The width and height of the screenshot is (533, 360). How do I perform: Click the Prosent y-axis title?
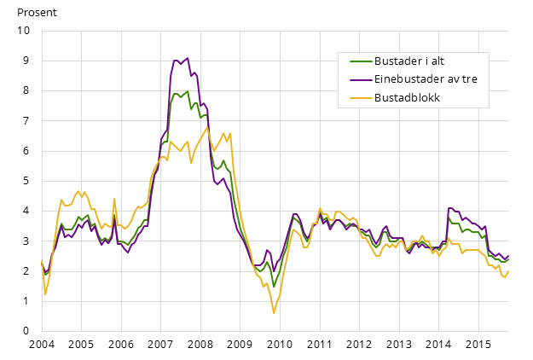pos(37,13)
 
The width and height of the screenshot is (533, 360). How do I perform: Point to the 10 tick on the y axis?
pos(24,31)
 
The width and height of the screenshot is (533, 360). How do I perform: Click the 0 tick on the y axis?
pos(26,331)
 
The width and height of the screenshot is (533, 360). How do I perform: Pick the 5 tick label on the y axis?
pos(26,181)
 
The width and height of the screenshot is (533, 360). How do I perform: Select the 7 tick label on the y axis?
pos(26,120)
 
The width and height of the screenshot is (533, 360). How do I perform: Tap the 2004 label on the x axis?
pos(42,345)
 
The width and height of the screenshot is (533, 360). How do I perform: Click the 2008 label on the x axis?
pos(200,345)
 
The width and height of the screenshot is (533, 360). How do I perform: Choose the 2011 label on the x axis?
pos(320,345)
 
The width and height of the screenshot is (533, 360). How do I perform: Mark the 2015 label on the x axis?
pos(478,345)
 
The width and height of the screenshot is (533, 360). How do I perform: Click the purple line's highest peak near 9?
pos(188,58)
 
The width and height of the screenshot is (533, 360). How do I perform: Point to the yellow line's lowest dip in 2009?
pos(274,313)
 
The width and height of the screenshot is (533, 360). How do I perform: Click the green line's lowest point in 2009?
pos(274,287)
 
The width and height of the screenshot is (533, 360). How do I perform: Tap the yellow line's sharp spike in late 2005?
pos(114,199)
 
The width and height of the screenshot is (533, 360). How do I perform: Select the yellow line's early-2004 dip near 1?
pos(45,294)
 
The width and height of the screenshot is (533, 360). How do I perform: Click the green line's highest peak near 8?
pos(188,91)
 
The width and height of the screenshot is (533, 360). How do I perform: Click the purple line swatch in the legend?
pos(361,79)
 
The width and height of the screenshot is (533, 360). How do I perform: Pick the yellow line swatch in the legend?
pos(361,98)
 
